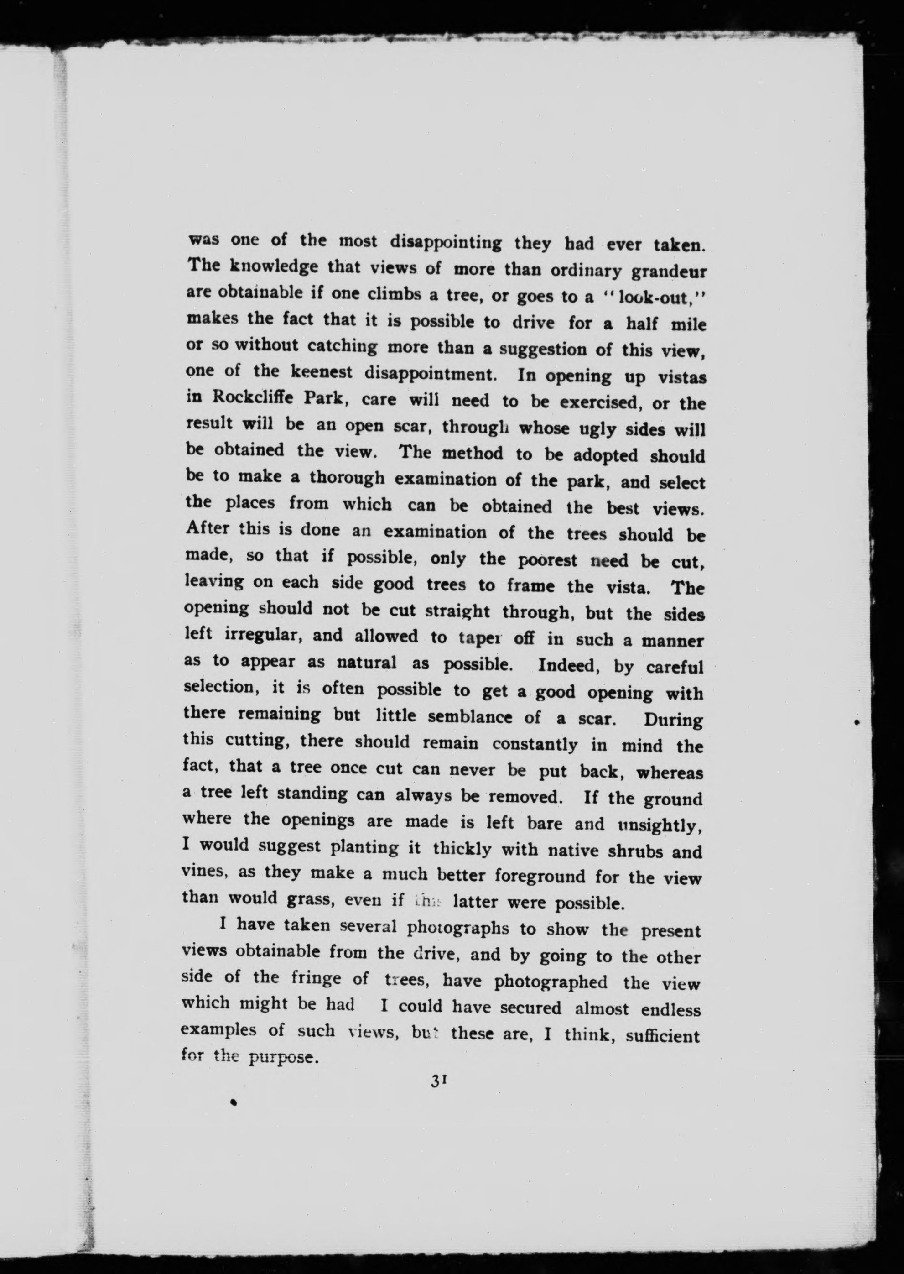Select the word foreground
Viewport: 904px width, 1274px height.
[540, 877]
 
